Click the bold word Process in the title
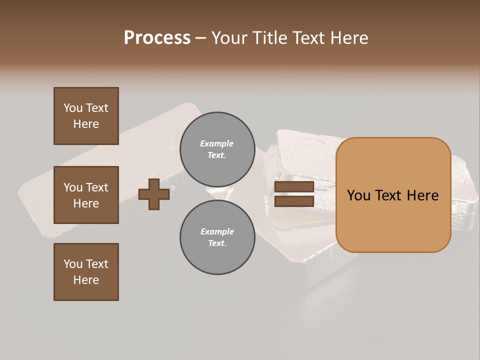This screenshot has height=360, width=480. [157, 38]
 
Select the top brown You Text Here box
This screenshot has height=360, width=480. [86, 116]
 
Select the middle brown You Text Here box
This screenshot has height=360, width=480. [86, 195]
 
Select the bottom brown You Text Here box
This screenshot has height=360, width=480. [86, 272]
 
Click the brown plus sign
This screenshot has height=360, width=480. [154, 194]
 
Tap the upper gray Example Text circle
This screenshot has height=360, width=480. [217, 149]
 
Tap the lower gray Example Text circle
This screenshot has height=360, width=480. [217, 237]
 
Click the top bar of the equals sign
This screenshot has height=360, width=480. [294, 187]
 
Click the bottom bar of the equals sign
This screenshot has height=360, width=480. [294, 201]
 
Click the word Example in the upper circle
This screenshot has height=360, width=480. [217, 143]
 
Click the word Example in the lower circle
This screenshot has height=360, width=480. [217, 231]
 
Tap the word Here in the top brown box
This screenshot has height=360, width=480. [86, 124]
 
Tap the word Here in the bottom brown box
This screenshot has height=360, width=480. [86, 280]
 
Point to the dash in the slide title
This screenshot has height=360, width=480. [200, 38]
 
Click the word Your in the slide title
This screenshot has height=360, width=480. [229, 38]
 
